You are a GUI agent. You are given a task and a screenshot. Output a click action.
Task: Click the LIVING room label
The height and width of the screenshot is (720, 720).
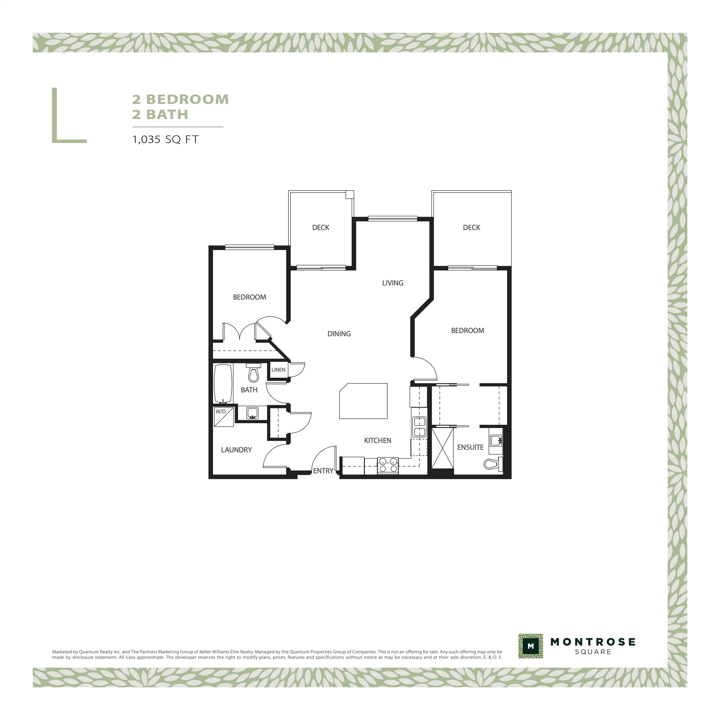[x=393, y=283]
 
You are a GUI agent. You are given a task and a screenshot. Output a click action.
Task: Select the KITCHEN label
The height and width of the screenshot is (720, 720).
[x=377, y=441]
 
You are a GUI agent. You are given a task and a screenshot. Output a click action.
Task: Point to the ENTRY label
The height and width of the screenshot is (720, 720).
[x=323, y=471]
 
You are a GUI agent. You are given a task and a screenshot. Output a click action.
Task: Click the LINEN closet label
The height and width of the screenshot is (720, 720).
[x=278, y=370]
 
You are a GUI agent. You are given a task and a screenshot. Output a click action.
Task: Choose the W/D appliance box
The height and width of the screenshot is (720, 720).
[x=224, y=417]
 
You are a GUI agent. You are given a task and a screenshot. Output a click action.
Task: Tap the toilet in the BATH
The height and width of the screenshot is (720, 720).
[x=253, y=373]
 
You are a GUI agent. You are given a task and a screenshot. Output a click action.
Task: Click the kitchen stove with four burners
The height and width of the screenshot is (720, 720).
[x=388, y=465]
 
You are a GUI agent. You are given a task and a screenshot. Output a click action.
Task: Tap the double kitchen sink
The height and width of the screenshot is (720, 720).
[x=420, y=427]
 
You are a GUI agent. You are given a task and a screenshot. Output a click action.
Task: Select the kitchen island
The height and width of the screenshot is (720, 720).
[x=363, y=401]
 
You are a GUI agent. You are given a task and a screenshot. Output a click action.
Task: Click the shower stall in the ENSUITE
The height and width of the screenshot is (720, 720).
[x=443, y=451]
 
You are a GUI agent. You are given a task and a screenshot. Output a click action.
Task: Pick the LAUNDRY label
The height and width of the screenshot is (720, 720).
[x=236, y=450]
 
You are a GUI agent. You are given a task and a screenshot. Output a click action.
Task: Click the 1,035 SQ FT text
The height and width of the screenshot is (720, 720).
[x=165, y=139]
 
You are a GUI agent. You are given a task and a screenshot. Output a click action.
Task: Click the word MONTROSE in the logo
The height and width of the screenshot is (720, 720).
[x=593, y=642]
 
